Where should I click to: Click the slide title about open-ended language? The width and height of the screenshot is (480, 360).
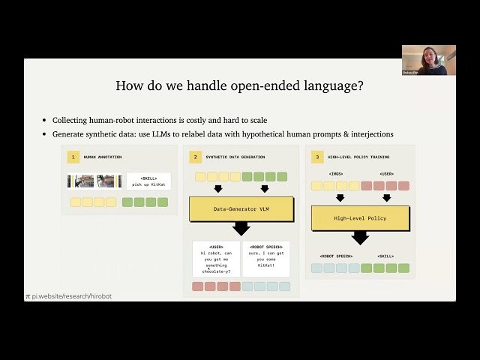click(240, 85)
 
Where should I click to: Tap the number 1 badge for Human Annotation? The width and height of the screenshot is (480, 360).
click(73, 157)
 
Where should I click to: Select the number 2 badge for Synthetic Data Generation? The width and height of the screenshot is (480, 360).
click(195, 157)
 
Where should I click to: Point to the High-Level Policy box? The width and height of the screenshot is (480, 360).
click(360, 218)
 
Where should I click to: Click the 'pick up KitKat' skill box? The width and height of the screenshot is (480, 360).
click(148, 181)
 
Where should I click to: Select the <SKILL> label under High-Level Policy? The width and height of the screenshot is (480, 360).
click(386, 256)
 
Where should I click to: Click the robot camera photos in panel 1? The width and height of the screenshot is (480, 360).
click(95, 181)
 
